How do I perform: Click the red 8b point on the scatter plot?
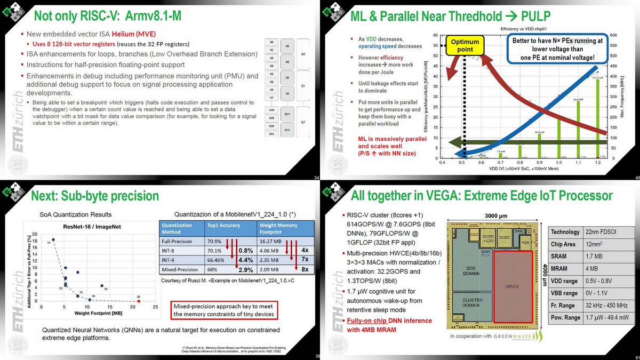139,301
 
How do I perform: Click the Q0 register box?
302,53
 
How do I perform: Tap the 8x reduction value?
304,269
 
